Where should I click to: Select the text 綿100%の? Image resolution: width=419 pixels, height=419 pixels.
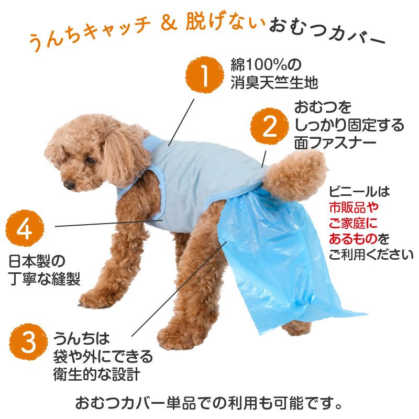click(266, 65)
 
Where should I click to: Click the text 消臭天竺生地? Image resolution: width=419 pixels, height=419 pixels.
click(274, 83)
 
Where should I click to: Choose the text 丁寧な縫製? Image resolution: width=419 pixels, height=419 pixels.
click(45, 279)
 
